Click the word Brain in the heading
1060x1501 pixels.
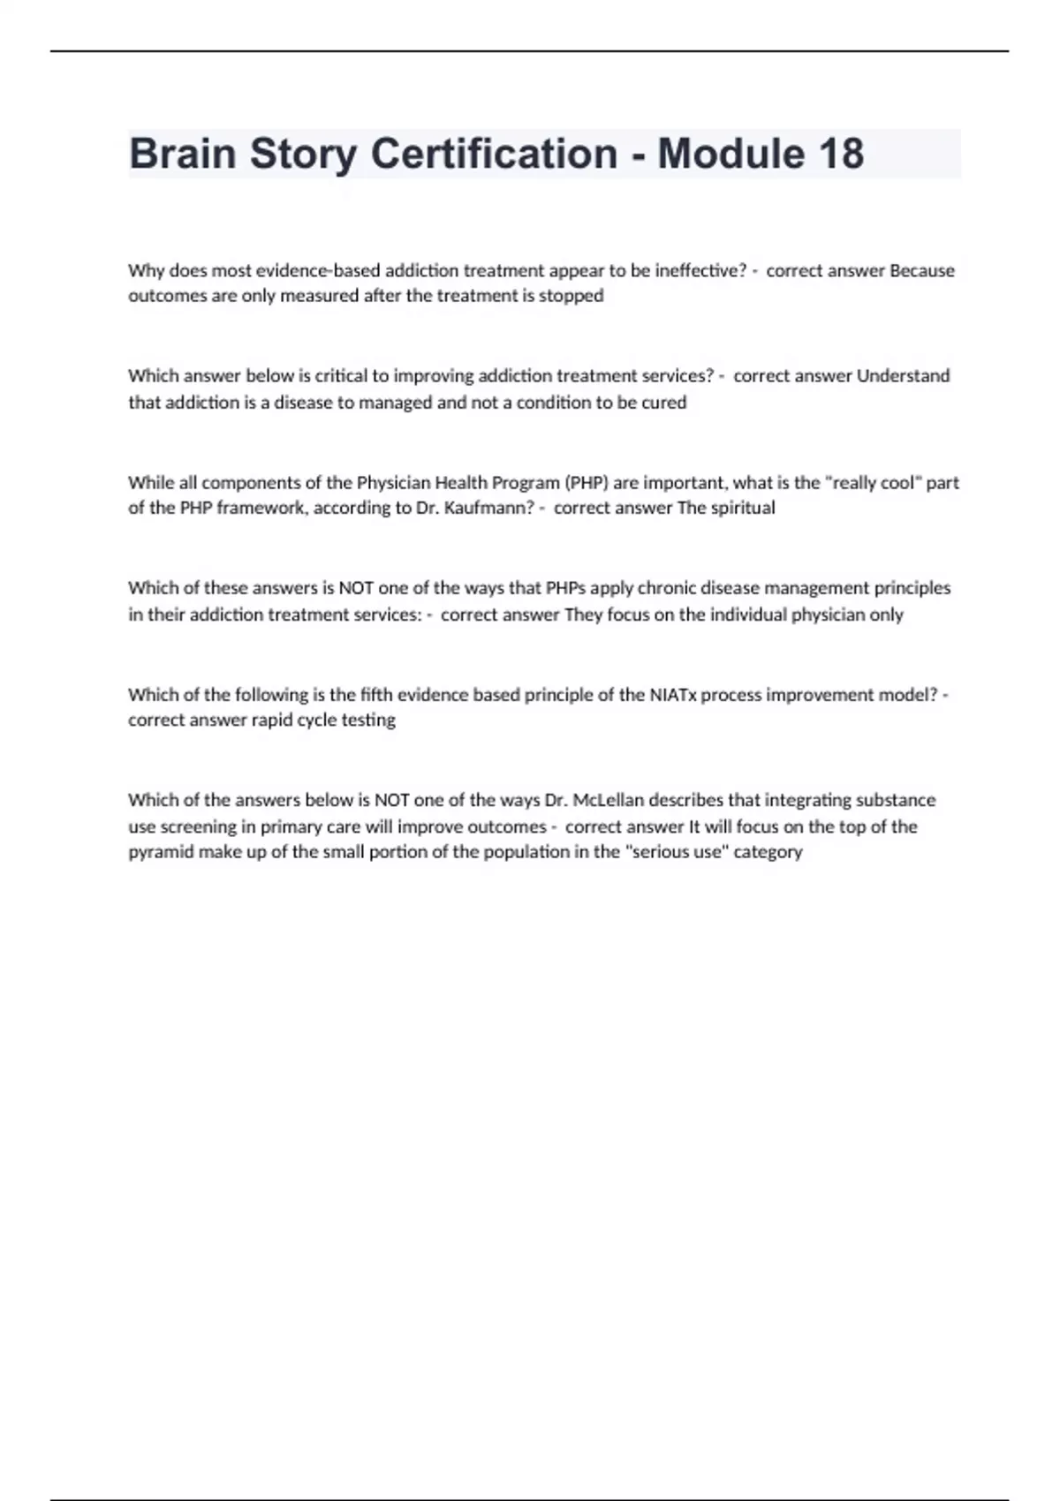coord(182,154)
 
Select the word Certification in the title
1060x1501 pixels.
coord(494,154)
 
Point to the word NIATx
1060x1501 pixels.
coord(673,694)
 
